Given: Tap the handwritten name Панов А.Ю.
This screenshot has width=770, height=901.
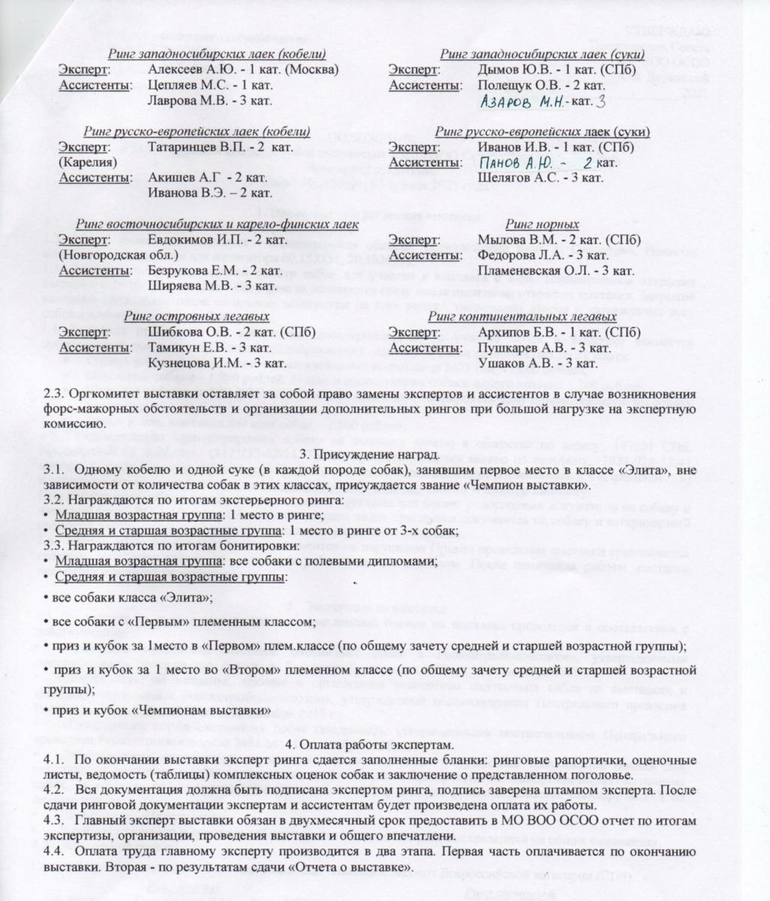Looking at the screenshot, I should [516, 163].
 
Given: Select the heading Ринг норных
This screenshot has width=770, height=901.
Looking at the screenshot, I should [542, 224].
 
